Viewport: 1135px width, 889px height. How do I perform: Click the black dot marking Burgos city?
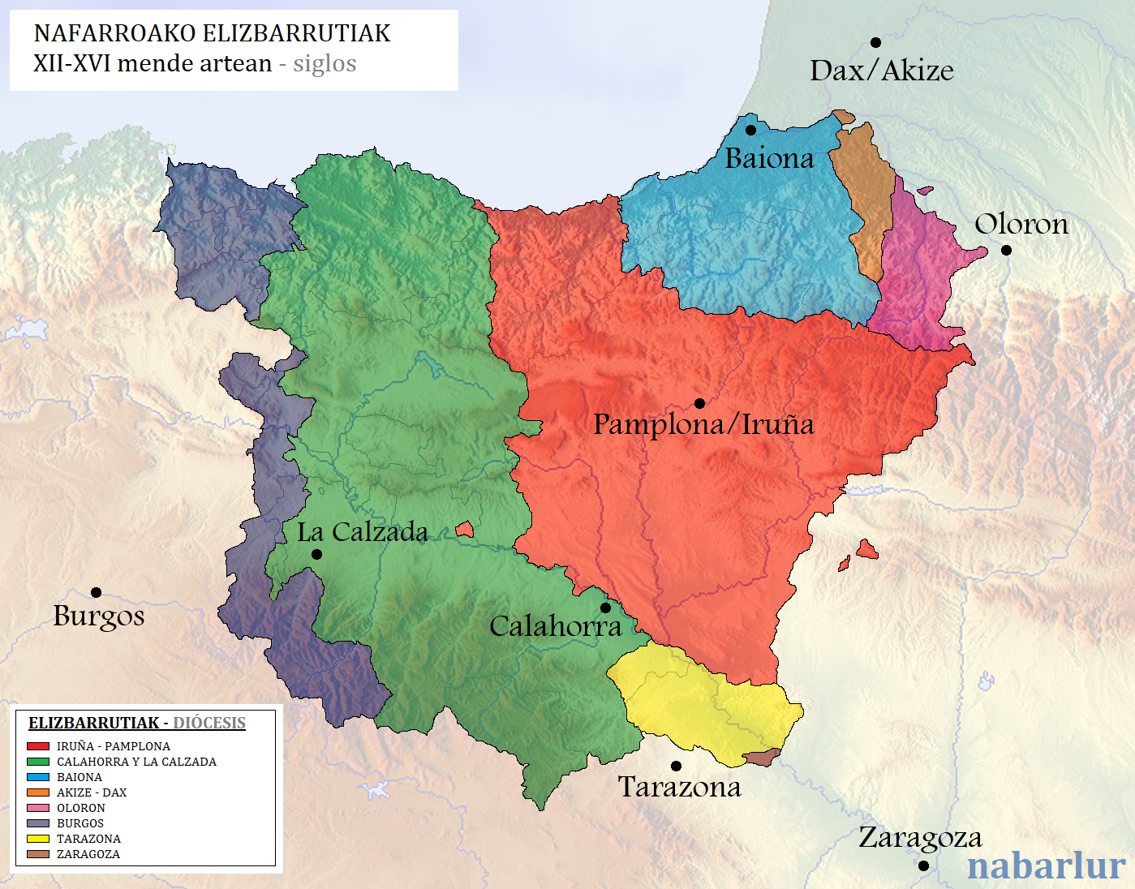pyautogui.click(x=96, y=592)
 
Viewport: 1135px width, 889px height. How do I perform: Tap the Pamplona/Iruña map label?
pyautogui.click(x=703, y=424)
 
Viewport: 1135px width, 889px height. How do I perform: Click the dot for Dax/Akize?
pyautogui.click(x=875, y=42)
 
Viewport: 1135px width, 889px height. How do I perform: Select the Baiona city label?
pyautogui.click(x=768, y=158)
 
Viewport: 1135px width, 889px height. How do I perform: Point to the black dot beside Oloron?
pyautogui.click(x=1006, y=250)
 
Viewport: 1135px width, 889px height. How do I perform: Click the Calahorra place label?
pyautogui.click(x=555, y=626)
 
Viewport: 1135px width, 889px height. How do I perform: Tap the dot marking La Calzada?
pyautogui.click(x=316, y=554)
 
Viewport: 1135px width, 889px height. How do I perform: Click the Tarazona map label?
pyautogui.click(x=679, y=787)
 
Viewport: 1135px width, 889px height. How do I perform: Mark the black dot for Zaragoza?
pyautogui.click(x=923, y=865)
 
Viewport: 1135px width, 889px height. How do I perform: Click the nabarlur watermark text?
pyautogui.click(x=1046, y=865)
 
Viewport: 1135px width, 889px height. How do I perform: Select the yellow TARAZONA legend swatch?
pyautogui.click(x=38, y=839)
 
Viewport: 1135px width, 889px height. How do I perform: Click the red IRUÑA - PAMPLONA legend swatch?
pyautogui.click(x=38, y=746)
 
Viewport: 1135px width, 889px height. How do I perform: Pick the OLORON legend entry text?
pyautogui.click(x=80, y=808)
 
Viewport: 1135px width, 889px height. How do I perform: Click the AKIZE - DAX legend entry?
pyautogui.click(x=91, y=792)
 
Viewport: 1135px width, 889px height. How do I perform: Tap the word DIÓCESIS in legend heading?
pyautogui.click(x=209, y=723)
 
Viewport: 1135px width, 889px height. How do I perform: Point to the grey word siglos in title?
pyautogui.click(x=325, y=63)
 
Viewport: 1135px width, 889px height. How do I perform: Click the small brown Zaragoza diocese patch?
pyautogui.click(x=760, y=758)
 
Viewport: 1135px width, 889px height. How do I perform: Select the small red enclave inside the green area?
pyautogui.click(x=464, y=530)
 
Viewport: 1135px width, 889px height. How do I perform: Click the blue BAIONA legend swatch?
pyautogui.click(x=38, y=777)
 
